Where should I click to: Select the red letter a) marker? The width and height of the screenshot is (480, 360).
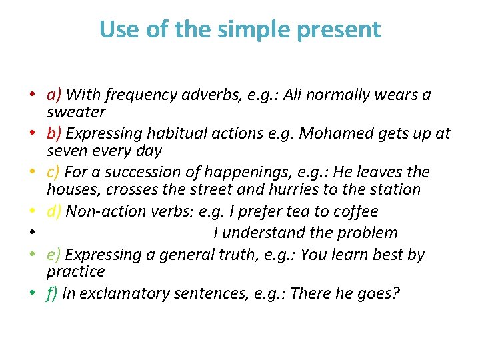55,95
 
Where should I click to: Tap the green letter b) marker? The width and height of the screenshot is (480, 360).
55,133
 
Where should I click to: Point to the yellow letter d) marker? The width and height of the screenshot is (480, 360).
55,211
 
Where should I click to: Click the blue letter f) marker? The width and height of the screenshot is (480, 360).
53,293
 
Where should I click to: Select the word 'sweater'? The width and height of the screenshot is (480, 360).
76,112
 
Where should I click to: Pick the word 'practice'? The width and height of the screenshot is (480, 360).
76,271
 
